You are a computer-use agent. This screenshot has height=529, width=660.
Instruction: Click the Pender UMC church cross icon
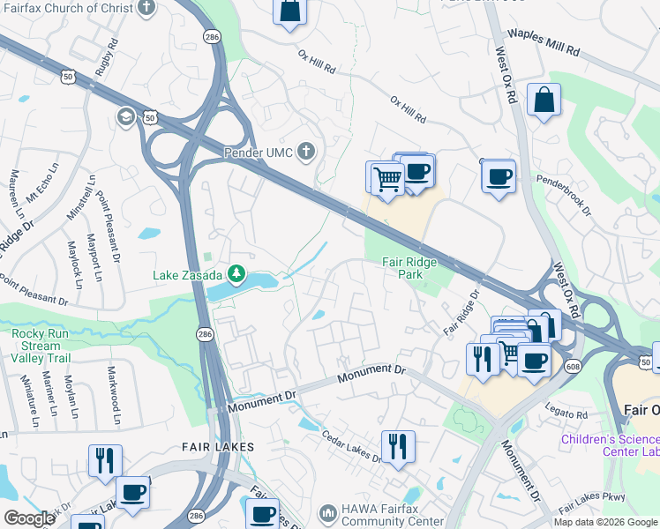click(306, 153)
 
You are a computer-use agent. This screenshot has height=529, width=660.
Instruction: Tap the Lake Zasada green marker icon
click(236, 275)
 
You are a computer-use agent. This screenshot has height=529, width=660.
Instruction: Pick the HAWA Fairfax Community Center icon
click(328, 512)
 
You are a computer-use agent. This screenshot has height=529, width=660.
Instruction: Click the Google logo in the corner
click(30, 518)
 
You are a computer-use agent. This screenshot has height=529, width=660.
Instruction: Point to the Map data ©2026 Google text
click(606, 522)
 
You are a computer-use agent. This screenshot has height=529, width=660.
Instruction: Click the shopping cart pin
click(385, 177)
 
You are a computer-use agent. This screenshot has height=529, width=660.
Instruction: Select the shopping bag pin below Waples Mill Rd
click(544, 99)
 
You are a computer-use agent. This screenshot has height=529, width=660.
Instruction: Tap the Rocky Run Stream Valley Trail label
click(40, 346)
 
